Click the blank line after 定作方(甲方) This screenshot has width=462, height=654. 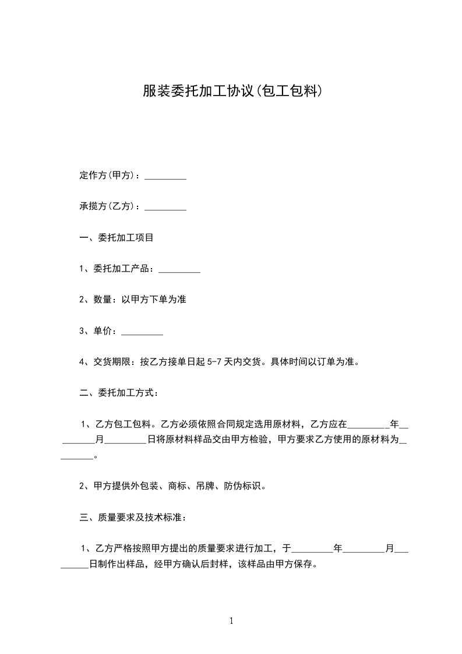coord(165,177)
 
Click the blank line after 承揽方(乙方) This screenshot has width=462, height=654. coord(165,208)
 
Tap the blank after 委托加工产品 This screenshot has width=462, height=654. coord(179,270)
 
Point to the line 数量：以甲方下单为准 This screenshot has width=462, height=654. coord(133,300)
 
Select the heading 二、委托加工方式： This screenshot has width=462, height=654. coord(119,393)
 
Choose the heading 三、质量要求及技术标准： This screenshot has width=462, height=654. coord(133,517)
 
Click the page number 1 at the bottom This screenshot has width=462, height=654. coord(231,621)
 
